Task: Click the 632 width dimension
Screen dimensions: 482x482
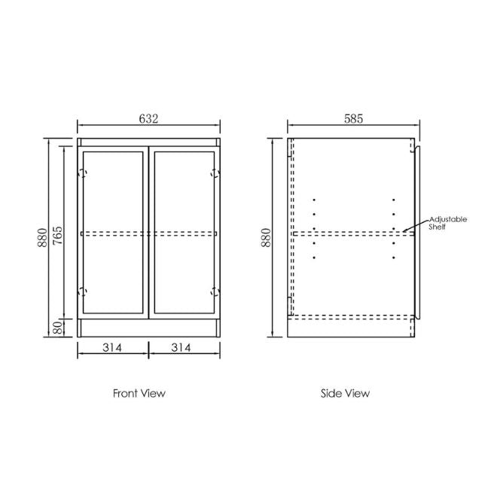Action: tap(148, 118)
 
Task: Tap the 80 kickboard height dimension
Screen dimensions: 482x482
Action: tap(56, 328)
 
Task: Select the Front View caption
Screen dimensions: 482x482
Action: tap(139, 392)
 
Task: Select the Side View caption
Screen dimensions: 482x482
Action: tap(346, 392)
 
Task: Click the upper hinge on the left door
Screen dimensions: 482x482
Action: tap(84, 173)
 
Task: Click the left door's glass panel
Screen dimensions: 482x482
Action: tap(114, 196)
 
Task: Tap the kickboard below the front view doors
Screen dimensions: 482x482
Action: tap(148, 328)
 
